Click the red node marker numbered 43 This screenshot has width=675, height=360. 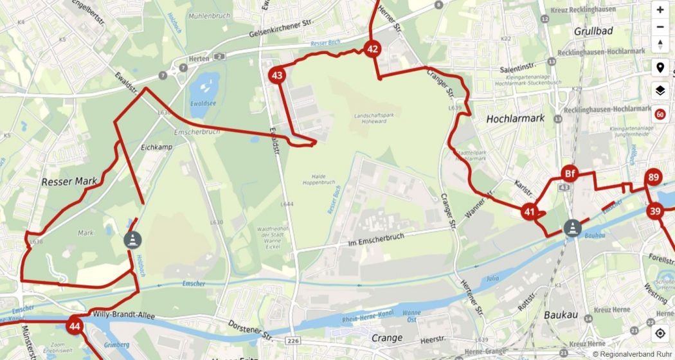(x=277, y=76)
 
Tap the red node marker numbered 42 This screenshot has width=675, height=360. (x=372, y=49)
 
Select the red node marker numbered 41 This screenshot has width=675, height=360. (x=530, y=211)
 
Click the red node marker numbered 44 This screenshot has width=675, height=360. (x=75, y=326)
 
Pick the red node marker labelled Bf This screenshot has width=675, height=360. (x=569, y=174)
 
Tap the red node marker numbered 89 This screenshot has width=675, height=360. (x=654, y=178)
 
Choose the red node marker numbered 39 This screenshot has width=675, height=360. (x=655, y=212)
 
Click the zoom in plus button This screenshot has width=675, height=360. (x=660, y=10)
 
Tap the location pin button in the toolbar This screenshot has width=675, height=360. (x=660, y=67)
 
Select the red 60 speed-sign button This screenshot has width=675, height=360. (x=660, y=114)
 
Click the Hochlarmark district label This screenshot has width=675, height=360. (x=516, y=119)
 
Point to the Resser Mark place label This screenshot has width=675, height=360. (x=69, y=182)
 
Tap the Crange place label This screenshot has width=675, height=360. (x=387, y=337)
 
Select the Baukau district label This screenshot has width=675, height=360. (x=561, y=315)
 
